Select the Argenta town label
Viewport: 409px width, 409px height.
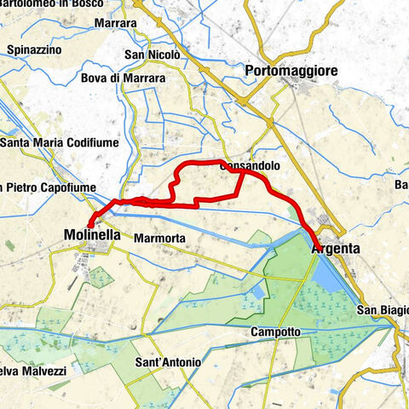(337, 249)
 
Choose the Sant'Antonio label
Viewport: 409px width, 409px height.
(169, 362)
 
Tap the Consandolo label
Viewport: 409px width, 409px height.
(246, 168)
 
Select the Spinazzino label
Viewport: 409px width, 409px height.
(33, 51)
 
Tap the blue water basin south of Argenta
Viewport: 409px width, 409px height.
(328, 273)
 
